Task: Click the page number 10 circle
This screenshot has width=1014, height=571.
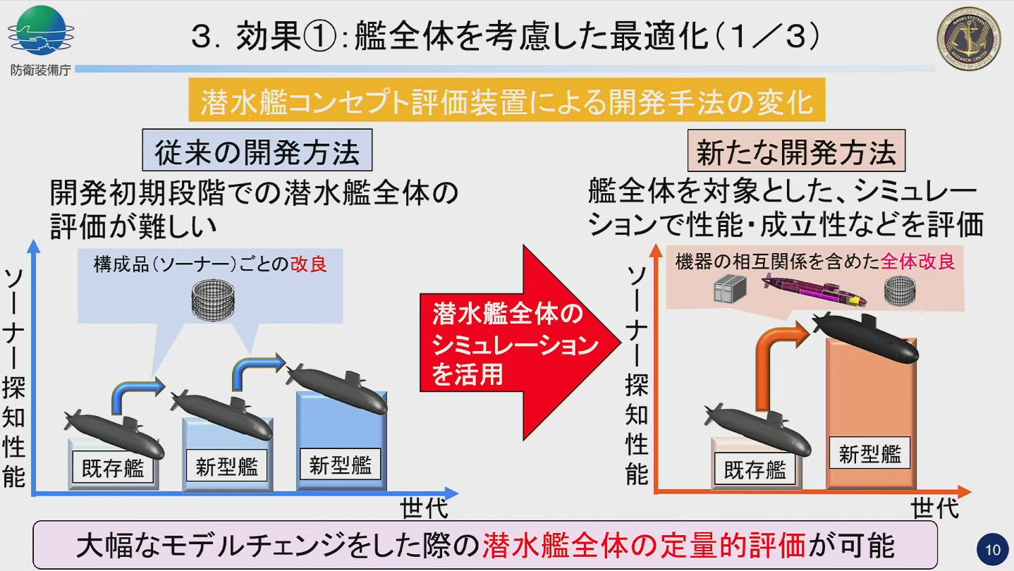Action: [x=993, y=550]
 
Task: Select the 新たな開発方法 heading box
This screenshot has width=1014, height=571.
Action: [x=796, y=152]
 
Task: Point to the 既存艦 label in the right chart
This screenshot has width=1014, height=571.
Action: [x=755, y=469]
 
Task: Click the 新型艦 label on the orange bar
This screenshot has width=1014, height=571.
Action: [x=869, y=454]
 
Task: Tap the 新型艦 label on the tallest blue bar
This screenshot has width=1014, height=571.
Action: [x=341, y=465]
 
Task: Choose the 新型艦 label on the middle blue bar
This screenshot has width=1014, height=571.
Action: [x=226, y=467]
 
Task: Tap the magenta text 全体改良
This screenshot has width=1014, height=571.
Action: [x=917, y=262]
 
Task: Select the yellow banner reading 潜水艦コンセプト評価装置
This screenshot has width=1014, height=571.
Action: [x=507, y=102]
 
